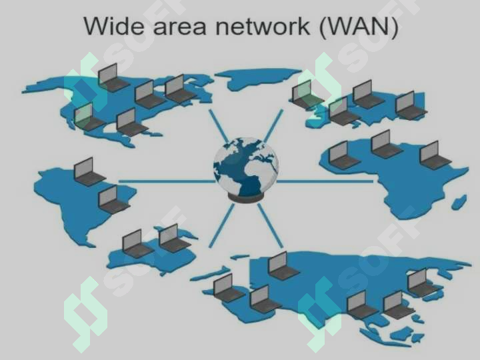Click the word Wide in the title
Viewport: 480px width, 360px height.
(114, 26)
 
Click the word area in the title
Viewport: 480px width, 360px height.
(180, 27)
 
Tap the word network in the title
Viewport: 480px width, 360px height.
(263, 26)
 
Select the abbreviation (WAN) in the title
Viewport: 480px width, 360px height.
(359, 27)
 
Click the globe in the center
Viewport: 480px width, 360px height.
(246, 167)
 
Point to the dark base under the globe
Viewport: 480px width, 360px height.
(245, 199)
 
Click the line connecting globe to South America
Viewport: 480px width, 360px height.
(167, 181)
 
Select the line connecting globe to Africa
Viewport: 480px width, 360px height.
(325, 181)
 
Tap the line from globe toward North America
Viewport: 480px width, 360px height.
(219, 127)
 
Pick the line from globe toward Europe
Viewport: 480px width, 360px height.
(273, 126)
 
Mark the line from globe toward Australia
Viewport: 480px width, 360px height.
(221, 225)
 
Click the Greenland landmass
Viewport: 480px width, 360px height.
(257, 78)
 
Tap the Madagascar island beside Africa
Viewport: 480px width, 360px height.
(459, 202)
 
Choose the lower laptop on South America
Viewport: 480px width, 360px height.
(113, 199)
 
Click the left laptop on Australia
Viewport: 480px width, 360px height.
(137, 244)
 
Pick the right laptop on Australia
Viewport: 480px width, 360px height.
(173, 239)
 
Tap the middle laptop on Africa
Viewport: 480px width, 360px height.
(386, 145)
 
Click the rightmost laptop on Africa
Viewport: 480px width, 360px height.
(434, 155)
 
